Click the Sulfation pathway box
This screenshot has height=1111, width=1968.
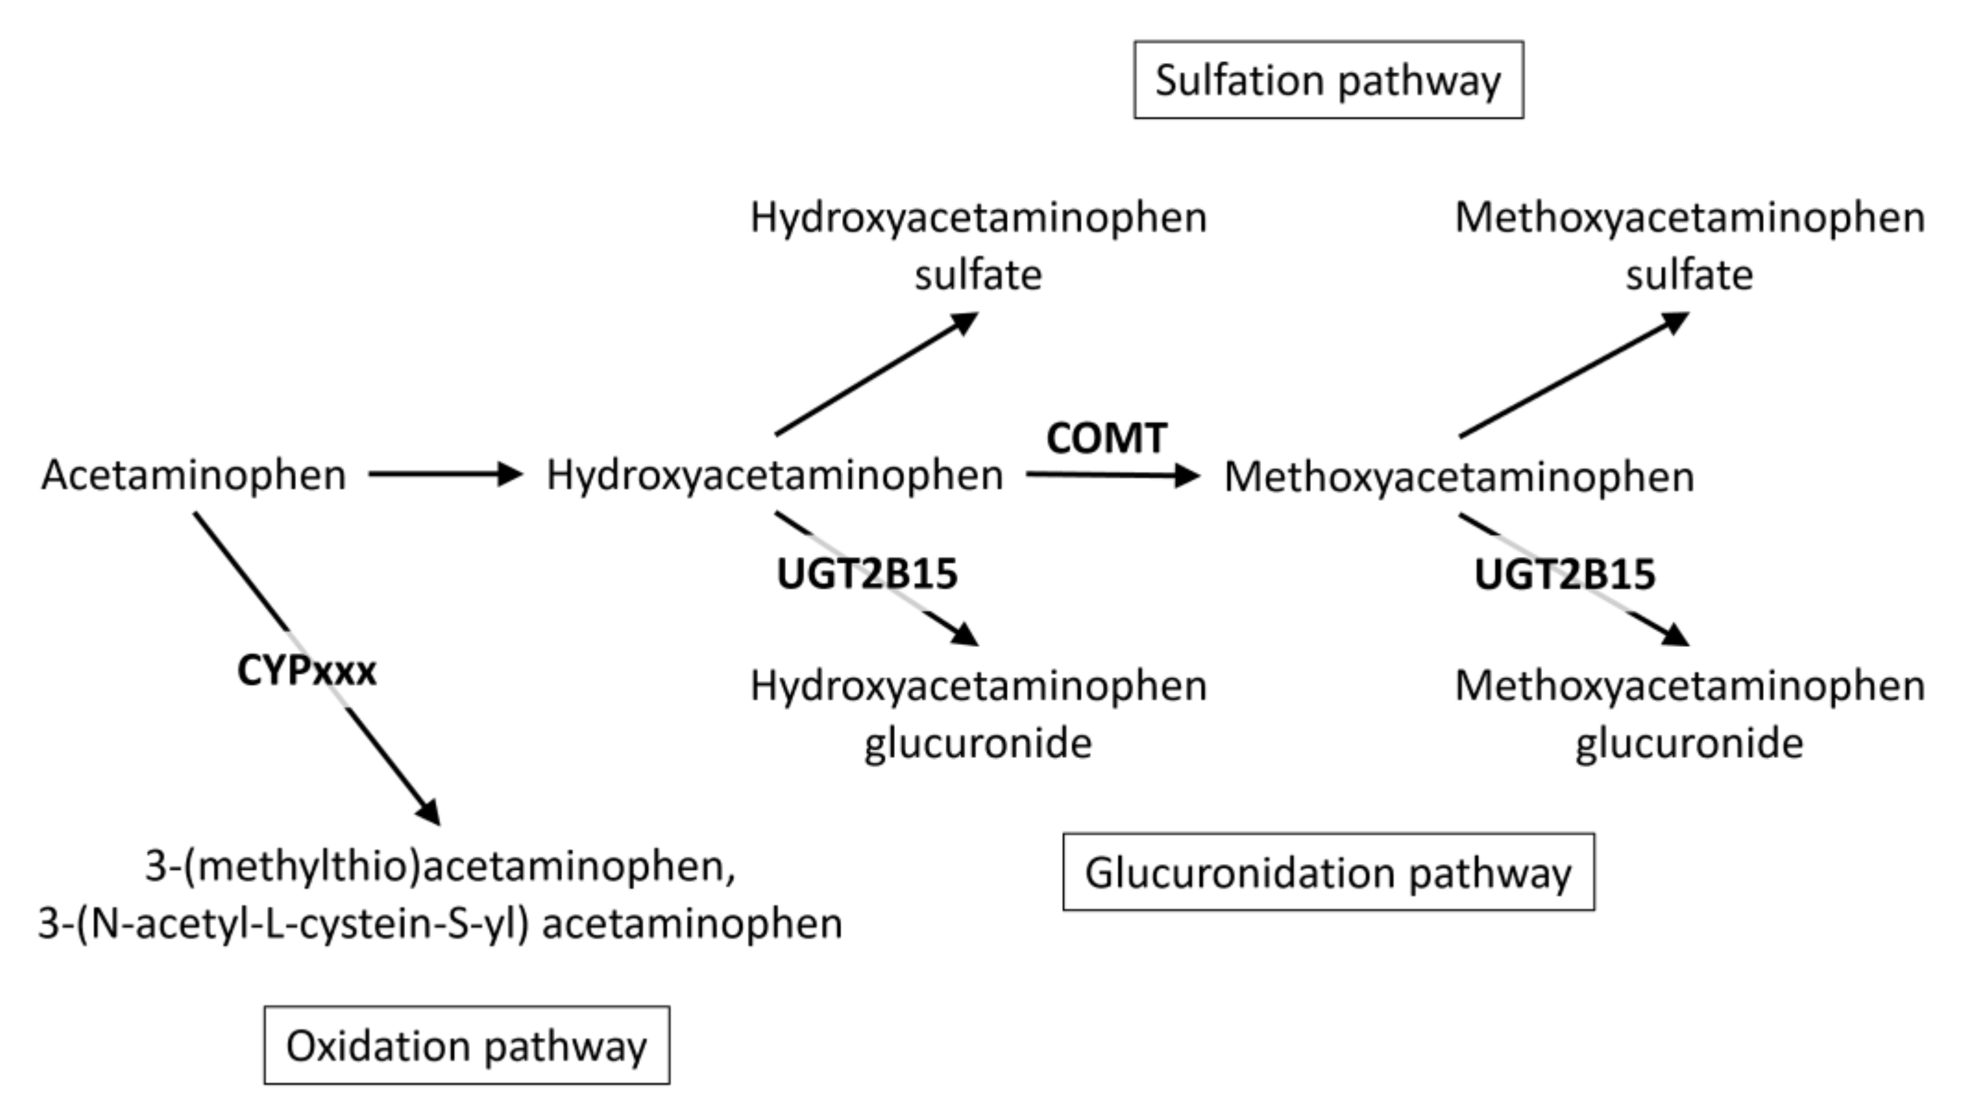coord(1328,80)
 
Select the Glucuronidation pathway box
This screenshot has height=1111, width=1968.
coord(1328,872)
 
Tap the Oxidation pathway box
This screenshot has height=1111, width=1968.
coord(467,1044)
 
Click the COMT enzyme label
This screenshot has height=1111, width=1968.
coord(1106,439)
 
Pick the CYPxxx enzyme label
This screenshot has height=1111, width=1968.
coord(306,671)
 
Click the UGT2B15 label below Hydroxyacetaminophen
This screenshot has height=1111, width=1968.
coord(866,574)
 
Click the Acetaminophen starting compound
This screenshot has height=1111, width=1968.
coord(193,474)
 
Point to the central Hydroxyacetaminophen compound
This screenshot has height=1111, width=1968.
coord(774,474)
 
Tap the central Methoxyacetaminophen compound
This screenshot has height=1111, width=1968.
coord(1459,477)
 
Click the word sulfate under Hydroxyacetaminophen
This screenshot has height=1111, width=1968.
coord(978,275)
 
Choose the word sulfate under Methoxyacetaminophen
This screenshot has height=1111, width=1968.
coord(1688,275)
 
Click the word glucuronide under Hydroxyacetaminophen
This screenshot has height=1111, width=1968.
coord(978,743)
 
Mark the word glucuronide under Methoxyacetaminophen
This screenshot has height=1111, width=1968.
coord(1688,743)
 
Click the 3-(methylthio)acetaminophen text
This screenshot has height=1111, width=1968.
coord(440,866)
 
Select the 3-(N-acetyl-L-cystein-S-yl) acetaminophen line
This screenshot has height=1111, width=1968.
coord(440,923)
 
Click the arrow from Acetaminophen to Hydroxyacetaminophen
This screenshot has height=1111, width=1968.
coord(443,474)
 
